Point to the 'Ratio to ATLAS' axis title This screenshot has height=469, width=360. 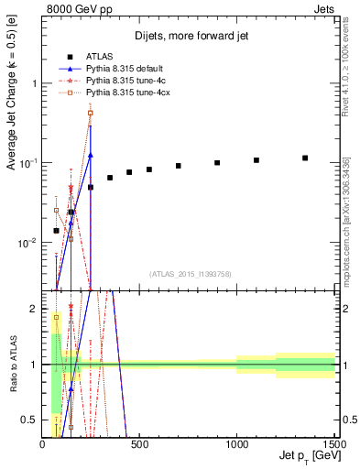[12, 365]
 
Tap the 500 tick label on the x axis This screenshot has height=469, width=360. [139, 444]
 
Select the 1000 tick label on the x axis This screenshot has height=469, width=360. [236, 444]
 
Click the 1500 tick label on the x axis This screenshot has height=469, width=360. [333, 444]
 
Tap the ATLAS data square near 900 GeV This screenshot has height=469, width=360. [217, 163]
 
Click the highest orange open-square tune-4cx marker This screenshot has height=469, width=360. [90, 114]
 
